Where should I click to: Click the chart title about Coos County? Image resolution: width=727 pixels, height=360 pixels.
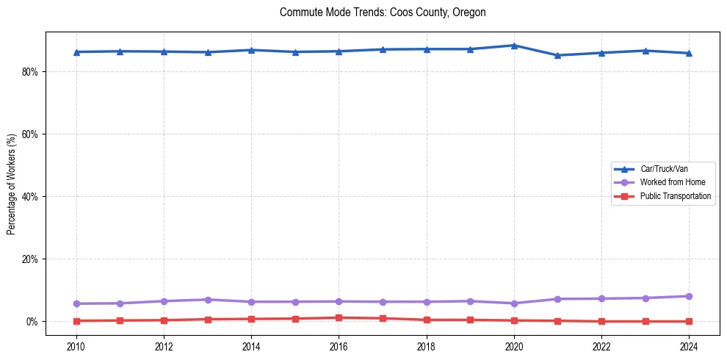[x=383, y=12]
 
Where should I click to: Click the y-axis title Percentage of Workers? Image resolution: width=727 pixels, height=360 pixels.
[x=12, y=184]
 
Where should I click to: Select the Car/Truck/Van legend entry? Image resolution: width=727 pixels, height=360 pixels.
[x=664, y=169]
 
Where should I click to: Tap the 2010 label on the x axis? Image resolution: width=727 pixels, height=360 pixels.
[x=76, y=345]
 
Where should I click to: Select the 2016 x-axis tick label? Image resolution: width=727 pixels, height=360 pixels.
[x=339, y=345]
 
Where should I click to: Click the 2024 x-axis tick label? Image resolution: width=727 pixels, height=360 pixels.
[x=689, y=345]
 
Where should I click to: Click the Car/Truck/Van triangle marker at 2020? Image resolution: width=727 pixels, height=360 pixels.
[x=514, y=46]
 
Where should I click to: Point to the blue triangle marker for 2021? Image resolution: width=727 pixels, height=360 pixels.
[x=558, y=55]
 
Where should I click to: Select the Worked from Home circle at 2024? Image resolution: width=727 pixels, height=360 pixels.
[x=689, y=296]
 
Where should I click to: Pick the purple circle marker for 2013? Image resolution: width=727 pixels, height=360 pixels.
[x=208, y=300]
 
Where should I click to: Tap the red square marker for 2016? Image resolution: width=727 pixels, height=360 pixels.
[x=339, y=318]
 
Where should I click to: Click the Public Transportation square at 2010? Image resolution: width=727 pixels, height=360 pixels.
[x=76, y=321]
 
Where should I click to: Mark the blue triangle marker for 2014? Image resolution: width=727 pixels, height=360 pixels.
[x=251, y=50]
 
